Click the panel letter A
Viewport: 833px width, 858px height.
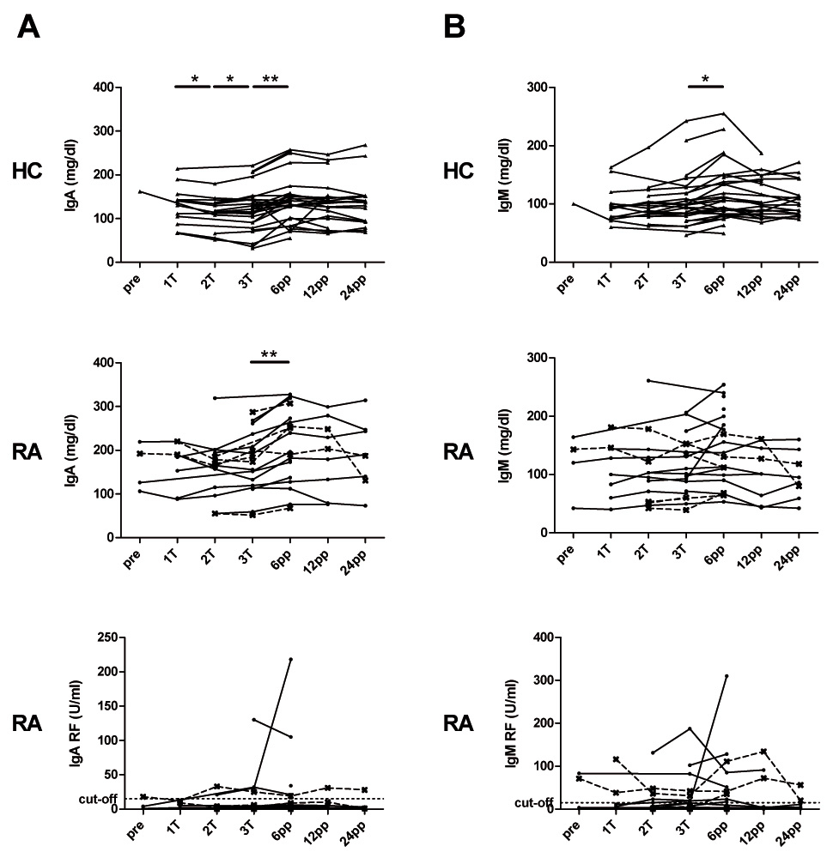pos(28,27)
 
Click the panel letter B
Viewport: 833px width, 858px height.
pos(454,27)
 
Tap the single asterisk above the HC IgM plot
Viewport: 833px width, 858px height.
pos(705,79)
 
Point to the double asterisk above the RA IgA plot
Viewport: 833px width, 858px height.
pos(270,353)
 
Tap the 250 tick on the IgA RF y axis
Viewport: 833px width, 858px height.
pos(107,637)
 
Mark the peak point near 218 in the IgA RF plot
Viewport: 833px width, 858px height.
pos(290,659)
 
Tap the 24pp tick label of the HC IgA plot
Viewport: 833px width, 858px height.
pos(361,279)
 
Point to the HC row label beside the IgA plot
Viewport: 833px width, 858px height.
pos(29,172)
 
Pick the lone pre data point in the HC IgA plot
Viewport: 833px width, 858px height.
pos(139,191)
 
